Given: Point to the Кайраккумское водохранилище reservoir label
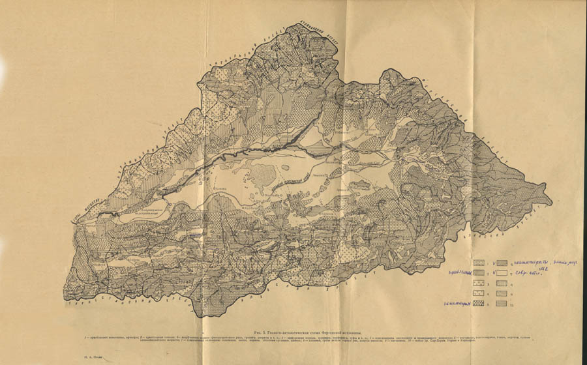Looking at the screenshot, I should tap(137, 212).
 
